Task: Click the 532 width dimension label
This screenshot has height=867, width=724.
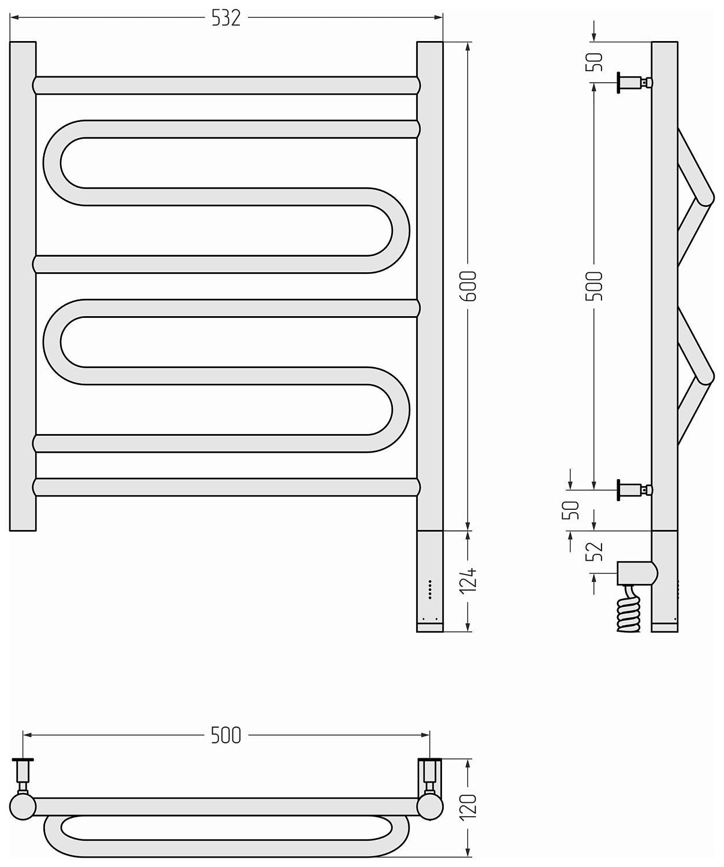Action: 227,18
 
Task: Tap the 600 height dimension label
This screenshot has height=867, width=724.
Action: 469,286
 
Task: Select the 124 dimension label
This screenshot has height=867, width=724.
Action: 469,581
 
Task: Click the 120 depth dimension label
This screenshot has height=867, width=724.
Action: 469,807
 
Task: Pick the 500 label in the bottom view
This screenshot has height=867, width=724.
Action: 227,735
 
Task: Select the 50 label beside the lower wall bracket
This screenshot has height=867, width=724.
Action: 570,510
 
